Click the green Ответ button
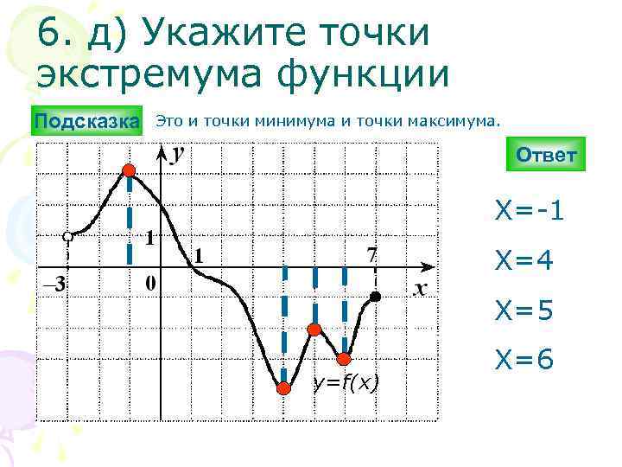click(x=546, y=156)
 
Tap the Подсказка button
click(x=86, y=121)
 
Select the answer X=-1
click(x=530, y=210)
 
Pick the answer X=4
click(x=524, y=259)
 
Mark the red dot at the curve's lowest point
click(x=282, y=388)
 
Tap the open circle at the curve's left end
click(x=67, y=236)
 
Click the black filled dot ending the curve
click(x=375, y=297)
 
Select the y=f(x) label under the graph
click(x=346, y=382)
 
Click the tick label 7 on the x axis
click(x=372, y=254)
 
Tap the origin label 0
click(x=150, y=283)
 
